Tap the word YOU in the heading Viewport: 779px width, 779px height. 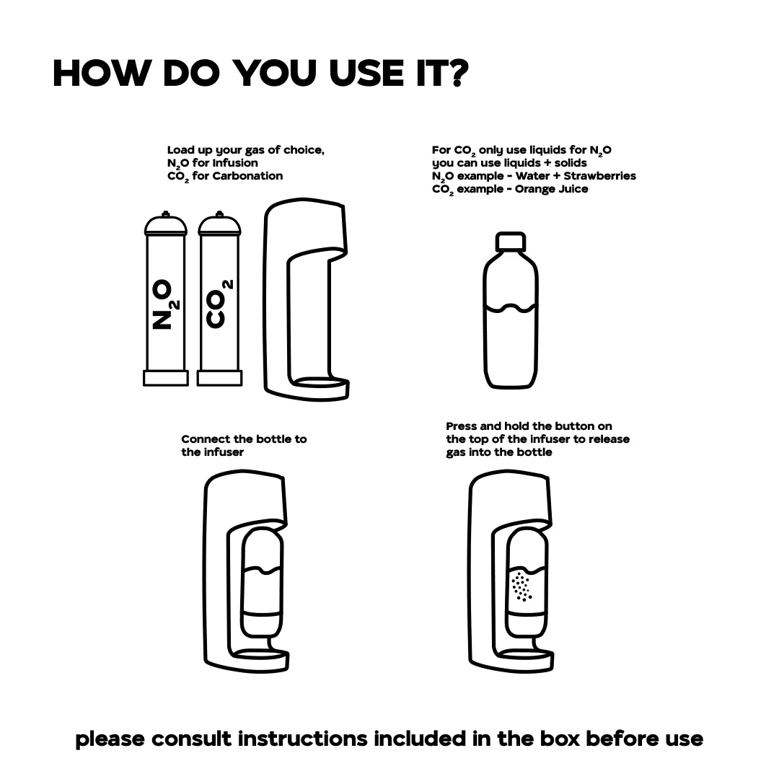click(274, 73)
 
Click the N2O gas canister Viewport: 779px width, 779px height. click(165, 299)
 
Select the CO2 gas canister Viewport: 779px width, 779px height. click(219, 299)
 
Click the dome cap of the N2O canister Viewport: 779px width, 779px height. click(165, 224)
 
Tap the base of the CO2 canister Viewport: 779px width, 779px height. click(219, 378)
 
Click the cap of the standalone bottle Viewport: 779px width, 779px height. click(510, 241)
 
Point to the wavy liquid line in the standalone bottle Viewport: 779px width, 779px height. click(511, 308)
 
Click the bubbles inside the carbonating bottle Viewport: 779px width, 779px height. click(521, 586)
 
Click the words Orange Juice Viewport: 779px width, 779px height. click(551, 189)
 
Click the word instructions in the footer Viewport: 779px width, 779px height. click(302, 739)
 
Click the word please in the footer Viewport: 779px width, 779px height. click(110, 739)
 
